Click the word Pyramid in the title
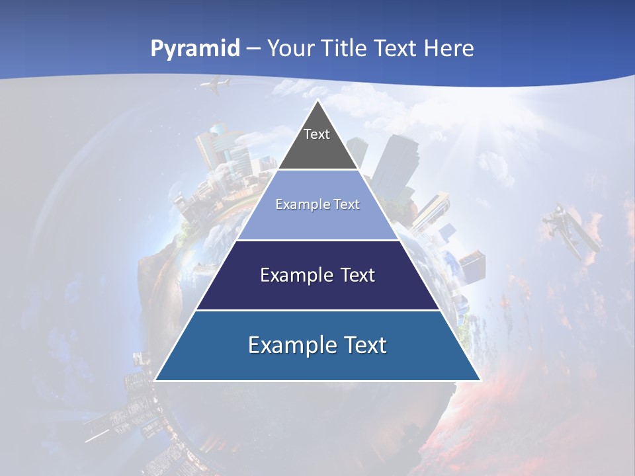pyautogui.click(x=194, y=48)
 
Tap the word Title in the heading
pyautogui.click(x=345, y=48)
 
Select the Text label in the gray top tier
pyautogui.click(x=317, y=134)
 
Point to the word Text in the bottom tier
pyautogui.click(x=362, y=345)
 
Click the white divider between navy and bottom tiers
pyautogui.click(x=317, y=310)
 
